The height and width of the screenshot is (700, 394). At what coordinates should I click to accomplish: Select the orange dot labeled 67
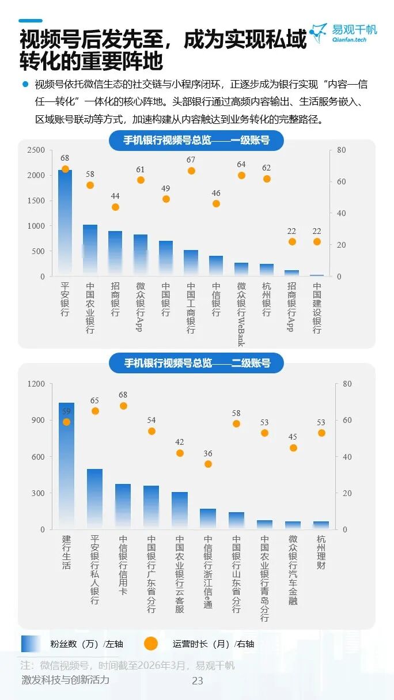click(191, 171)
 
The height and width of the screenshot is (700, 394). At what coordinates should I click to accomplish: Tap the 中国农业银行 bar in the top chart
click(90, 251)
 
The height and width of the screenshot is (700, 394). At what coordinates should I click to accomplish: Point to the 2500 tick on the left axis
click(36, 150)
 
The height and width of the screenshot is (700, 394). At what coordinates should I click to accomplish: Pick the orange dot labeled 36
click(208, 464)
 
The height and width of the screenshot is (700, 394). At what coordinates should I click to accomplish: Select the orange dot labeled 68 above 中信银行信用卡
click(123, 406)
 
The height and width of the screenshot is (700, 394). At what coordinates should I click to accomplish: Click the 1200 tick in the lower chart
click(37, 384)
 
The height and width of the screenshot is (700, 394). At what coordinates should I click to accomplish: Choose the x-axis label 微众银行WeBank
click(241, 314)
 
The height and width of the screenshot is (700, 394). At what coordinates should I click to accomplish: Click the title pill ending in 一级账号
click(196, 141)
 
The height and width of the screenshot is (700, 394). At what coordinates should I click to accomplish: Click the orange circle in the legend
click(151, 644)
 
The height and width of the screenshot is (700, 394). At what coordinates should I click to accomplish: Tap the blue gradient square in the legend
click(31, 644)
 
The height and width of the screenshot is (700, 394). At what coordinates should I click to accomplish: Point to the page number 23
click(198, 680)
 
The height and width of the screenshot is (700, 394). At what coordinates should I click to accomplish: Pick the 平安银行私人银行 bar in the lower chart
click(94, 499)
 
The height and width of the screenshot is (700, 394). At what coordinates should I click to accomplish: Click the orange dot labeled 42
click(180, 453)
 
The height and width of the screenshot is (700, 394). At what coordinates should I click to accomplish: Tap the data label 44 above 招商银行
click(115, 196)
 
